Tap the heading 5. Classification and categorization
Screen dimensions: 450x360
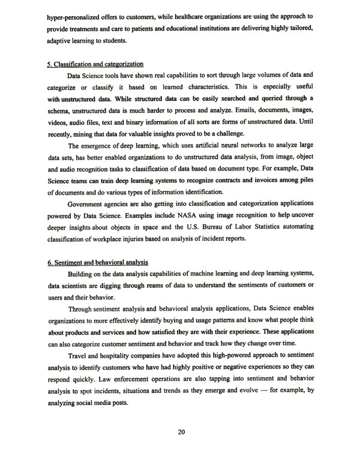94,64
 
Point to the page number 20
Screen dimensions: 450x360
181,432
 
